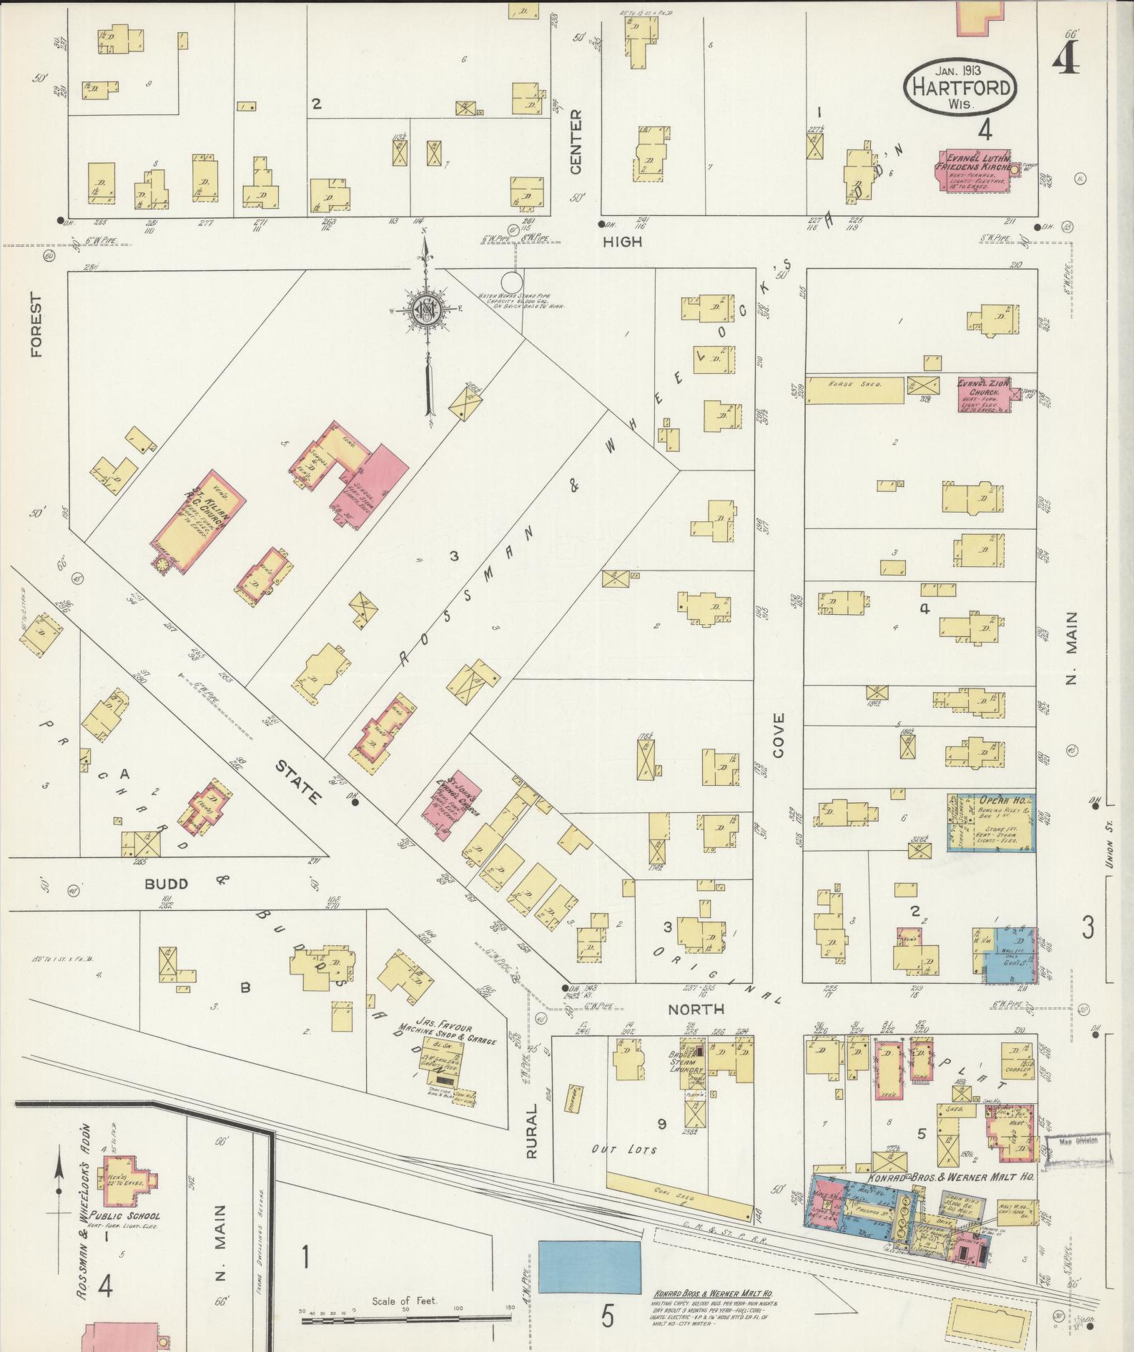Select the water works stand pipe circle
pos(512,282)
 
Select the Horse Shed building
pos(855,390)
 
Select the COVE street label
pos(778,736)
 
